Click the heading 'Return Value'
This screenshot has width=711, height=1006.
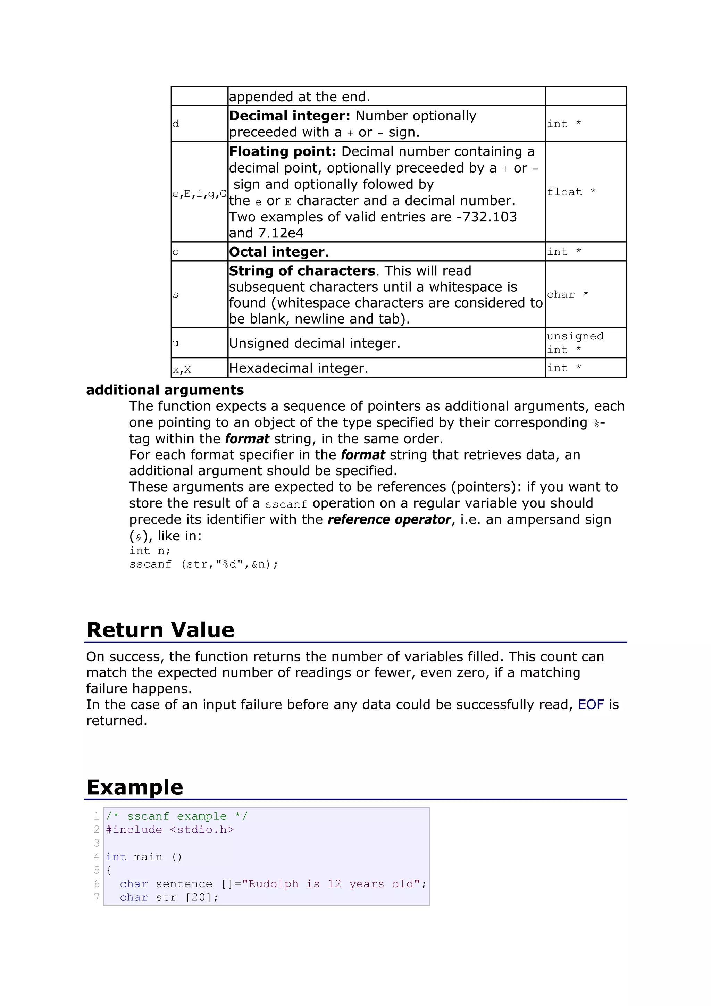click(x=160, y=630)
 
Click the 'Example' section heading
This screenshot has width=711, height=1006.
click(x=135, y=787)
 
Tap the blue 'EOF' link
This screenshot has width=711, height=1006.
click(x=591, y=705)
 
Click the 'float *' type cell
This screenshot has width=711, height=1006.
click(x=571, y=192)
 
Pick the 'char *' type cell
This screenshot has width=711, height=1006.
click(x=567, y=294)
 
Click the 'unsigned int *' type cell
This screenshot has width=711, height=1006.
click(x=575, y=343)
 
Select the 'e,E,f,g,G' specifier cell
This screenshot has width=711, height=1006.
click(x=199, y=193)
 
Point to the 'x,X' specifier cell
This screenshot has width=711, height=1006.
click(x=182, y=369)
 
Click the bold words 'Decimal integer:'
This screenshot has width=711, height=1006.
click(x=290, y=116)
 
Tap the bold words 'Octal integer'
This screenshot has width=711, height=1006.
click(x=277, y=252)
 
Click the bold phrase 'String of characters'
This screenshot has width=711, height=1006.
click(x=302, y=271)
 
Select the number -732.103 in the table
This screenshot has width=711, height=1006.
click(x=486, y=217)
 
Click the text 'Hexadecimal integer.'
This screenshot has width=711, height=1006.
click(x=298, y=368)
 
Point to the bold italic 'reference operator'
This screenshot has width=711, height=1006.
click(x=389, y=520)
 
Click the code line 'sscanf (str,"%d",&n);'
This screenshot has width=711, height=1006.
click(x=204, y=564)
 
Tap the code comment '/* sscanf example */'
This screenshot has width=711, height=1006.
click(x=177, y=816)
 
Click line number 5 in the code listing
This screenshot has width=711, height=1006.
click(x=97, y=870)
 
